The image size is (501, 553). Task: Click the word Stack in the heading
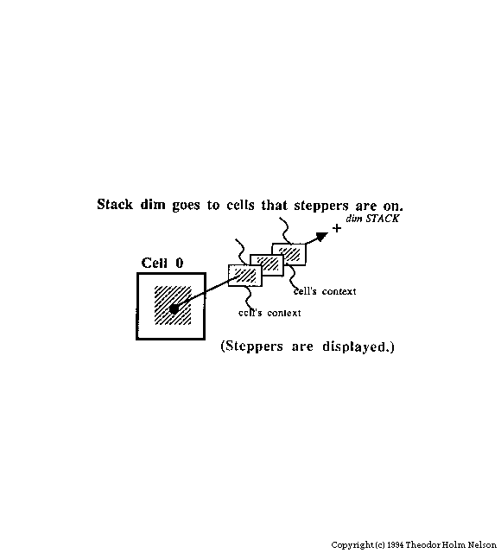tap(115, 204)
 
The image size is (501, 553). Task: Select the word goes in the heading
tap(186, 206)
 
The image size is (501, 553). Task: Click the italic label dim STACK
tap(372, 219)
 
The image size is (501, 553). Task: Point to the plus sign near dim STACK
tap(337, 228)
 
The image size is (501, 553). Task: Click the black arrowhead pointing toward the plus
tap(321, 236)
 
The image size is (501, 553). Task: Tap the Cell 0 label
tap(162, 263)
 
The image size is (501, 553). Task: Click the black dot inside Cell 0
tap(174, 309)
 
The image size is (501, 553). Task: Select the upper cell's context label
tap(325, 291)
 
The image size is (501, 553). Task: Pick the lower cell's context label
tap(270, 313)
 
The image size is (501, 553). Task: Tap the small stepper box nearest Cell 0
tap(245, 276)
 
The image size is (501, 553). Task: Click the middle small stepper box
tap(267, 264)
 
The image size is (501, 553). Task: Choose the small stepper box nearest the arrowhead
tap(289, 254)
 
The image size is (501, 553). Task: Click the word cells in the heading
tap(240, 205)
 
